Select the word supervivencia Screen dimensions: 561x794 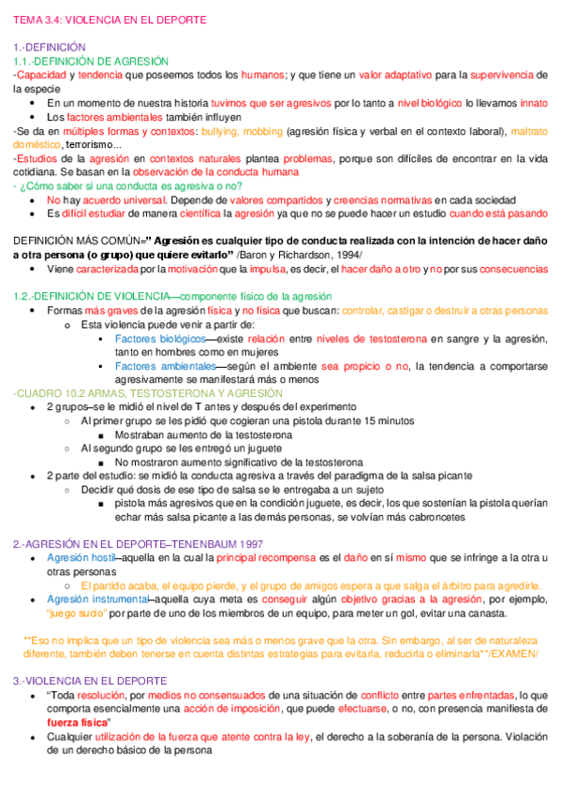coord(509,75)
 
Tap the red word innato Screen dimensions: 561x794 coord(534,103)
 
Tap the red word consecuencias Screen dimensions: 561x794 coord(513,269)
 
